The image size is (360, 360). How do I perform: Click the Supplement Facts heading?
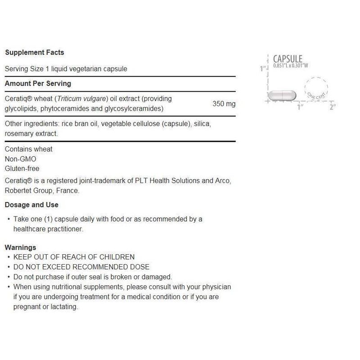click(x=35, y=53)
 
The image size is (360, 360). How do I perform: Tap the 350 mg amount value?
click(x=224, y=104)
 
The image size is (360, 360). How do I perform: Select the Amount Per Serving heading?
click(x=38, y=84)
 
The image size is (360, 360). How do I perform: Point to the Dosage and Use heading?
click(x=31, y=205)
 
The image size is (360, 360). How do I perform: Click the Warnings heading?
click(x=20, y=247)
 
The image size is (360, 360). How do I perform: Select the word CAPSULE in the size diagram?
click(x=288, y=59)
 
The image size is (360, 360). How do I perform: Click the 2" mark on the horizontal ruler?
click(x=333, y=107)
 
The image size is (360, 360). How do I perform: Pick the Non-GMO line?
click(x=20, y=159)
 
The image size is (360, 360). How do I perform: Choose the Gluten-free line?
click(x=22, y=169)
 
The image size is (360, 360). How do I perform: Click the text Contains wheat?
click(x=28, y=149)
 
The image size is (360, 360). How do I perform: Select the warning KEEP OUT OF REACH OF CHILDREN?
click(x=74, y=257)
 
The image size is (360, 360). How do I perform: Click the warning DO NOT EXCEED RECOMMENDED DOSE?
click(x=81, y=267)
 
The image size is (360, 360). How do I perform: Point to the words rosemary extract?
click(x=31, y=134)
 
